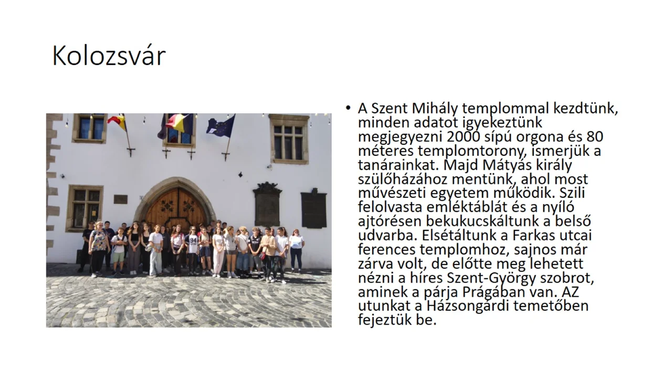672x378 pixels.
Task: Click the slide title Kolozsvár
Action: (109, 56)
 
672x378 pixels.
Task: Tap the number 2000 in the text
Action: (464, 137)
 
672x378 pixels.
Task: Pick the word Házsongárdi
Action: (469, 306)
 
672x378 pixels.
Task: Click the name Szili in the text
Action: (572, 193)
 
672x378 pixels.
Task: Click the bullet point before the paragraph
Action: (348, 108)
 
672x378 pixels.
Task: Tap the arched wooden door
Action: (177, 207)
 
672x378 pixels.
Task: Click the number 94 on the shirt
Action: (193, 240)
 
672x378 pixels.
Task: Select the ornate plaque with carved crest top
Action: (267, 204)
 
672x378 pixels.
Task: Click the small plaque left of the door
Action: (120, 199)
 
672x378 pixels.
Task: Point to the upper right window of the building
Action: (289, 139)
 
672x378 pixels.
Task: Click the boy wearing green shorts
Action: (119, 251)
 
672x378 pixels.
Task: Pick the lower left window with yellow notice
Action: (85, 208)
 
